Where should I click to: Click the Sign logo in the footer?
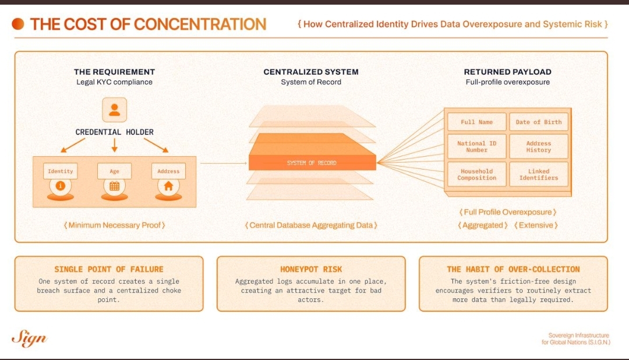[29, 338]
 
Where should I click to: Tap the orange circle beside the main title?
[19, 24]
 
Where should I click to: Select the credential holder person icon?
[115, 110]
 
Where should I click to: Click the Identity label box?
[61, 171]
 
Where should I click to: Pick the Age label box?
[115, 171]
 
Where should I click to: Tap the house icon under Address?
[168, 186]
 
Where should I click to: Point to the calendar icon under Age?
[115, 186]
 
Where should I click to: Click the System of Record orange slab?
[312, 161]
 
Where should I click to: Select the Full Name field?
[476, 122]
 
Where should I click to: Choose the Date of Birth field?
[539, 122]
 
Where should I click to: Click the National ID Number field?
[476, 147]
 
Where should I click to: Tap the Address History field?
[539, 147]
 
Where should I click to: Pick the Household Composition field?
[476, 175]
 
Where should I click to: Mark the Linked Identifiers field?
[539, 175]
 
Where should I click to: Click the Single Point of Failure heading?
[109, 269]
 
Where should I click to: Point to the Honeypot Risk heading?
[311, 269]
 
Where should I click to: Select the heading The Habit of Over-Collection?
[513, 269]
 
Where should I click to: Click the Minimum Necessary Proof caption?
[114, 225]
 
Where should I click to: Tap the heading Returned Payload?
[507, 72]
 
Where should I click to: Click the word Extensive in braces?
[536, 225]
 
